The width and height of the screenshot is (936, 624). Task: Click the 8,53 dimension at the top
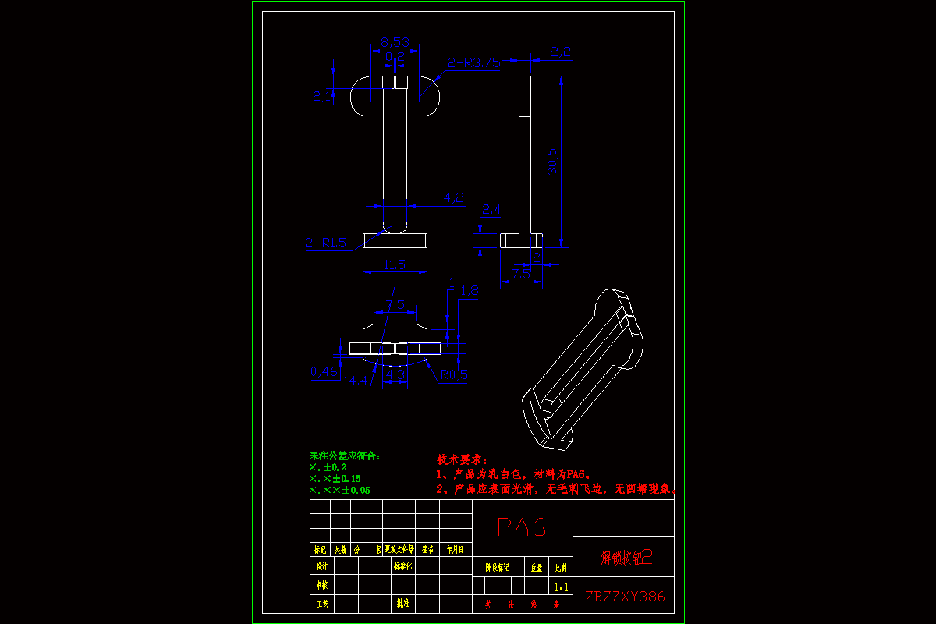tap(395, 42)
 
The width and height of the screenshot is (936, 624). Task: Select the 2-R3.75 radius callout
tap(473, 63)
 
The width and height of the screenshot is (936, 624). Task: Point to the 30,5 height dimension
tap(552, 161)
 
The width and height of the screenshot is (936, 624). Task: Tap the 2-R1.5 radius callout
tap(326, 243)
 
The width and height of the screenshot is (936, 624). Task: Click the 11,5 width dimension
tap(395, 265)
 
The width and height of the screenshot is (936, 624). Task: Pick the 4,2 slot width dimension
tap(454, 198)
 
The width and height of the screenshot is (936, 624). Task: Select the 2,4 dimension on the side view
tap(492, 209)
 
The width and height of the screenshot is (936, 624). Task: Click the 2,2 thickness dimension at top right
tap(561, 51)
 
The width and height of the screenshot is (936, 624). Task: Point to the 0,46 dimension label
tap(324, 372)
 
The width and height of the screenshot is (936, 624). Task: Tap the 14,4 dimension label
tap(356, 381)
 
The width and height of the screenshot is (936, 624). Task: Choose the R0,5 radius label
tap(454, 374)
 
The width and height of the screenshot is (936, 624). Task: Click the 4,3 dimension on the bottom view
tap(395, 375)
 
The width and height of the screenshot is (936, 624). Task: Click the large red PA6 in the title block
tap(523, 527)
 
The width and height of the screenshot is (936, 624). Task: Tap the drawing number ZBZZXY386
tap(625, 597)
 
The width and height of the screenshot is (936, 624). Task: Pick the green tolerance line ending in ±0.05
tap(340, 490)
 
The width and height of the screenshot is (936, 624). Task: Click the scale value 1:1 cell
tap(560, 587)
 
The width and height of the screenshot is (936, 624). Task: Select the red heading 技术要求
tap(462, 459)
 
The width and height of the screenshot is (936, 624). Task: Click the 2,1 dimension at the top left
tap(321, 96)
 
